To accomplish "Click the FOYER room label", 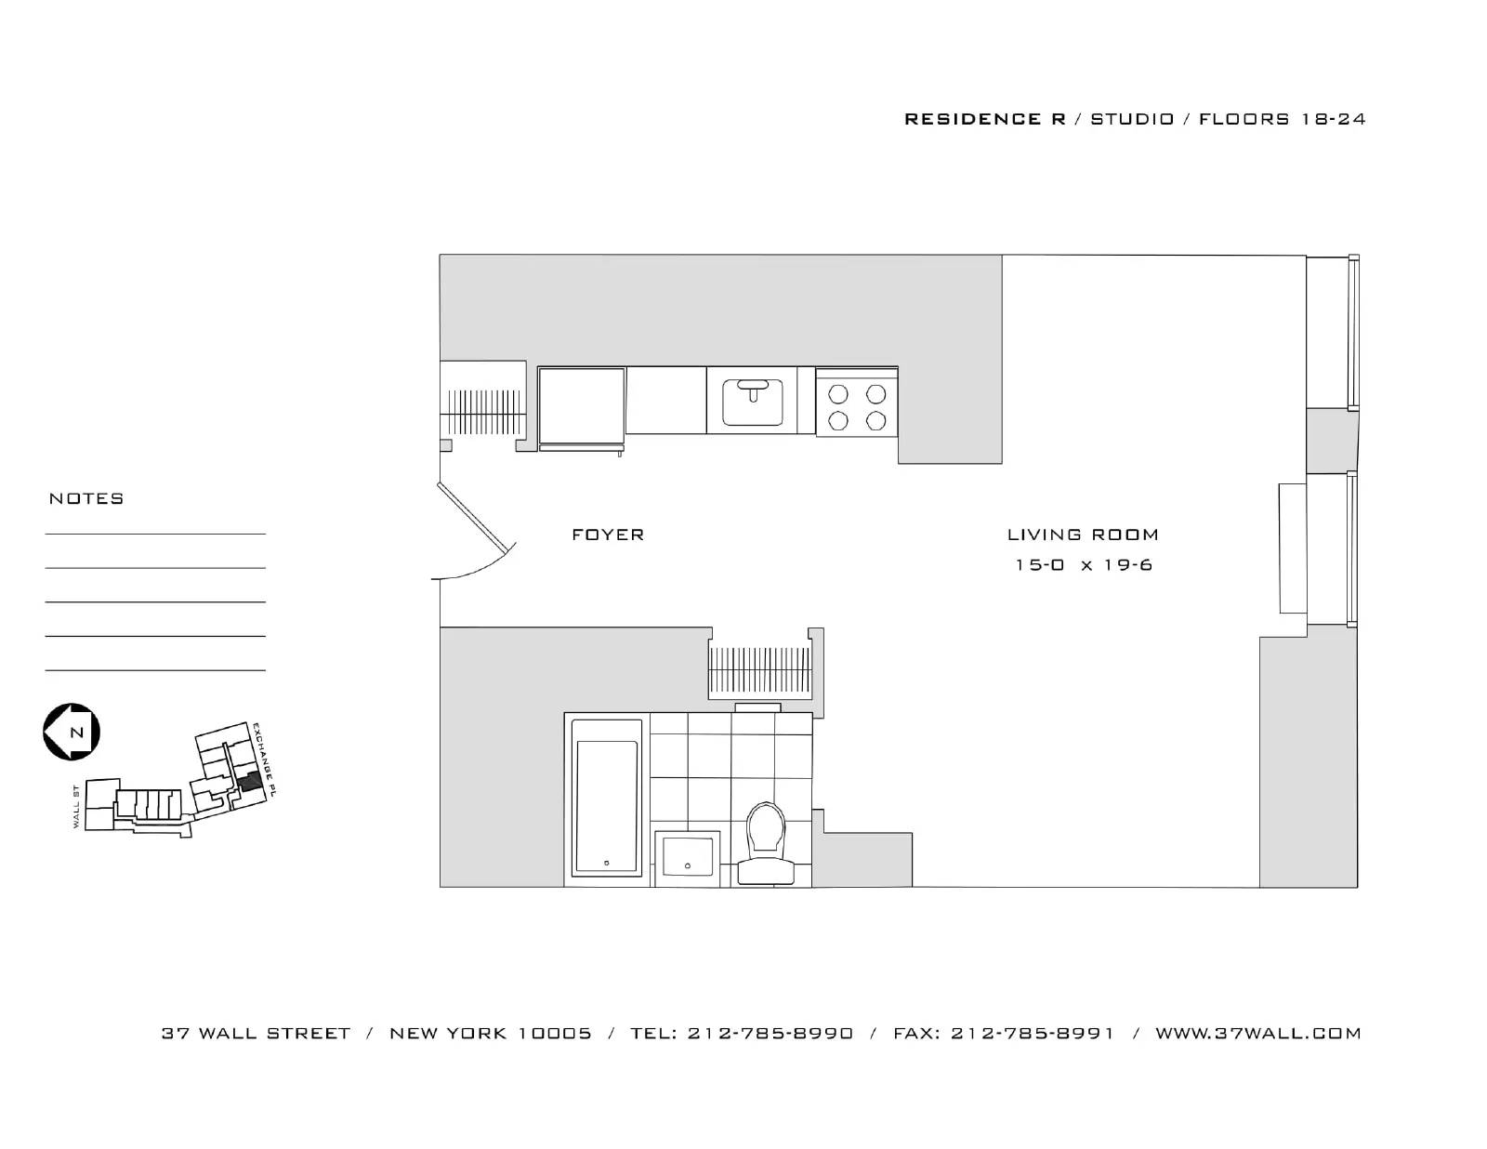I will pyautogui.click(x=608, y=535).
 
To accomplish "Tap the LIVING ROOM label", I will pyautogui.click(x=1083, y=535).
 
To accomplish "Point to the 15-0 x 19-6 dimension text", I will pyautogui.click(x=1084, y=565).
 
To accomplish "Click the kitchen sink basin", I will pyautogui.click(x=753, y=402).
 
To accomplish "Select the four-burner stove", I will pyautogui.click(x=857, y=407).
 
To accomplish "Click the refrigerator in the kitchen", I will pyautogui.click(x=581, y=407).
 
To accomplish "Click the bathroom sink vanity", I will pyautogui.click(x=688, y=857).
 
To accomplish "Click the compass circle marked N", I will pyautogui.click(x=72, y=732).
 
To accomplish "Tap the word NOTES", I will pyautogui.click(x=86, y=499).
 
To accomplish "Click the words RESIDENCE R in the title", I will pyautogui.click(x=984, y=119).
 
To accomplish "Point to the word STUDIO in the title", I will pyautogui.click(x=1132, y=119).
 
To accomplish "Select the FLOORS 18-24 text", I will pyautogui.click(x=1282, y=119).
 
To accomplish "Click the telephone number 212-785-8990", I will pyautogui.click(x=770, y=1033).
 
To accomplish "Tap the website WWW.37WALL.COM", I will pyautogui.click(x=1257, y=1033).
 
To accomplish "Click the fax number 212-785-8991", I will pyautogui.click(x=1032, y=1033).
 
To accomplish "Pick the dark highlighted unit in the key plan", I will pyautogui.click(x=247, y=782).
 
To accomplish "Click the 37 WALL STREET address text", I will pyautogui.click(x=256, y=1033).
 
